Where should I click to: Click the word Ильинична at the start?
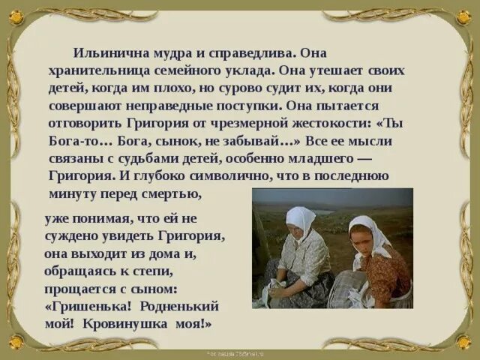pos(107,54)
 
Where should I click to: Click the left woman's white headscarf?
pos(301,217)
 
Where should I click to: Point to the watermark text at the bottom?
pos(239,352)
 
